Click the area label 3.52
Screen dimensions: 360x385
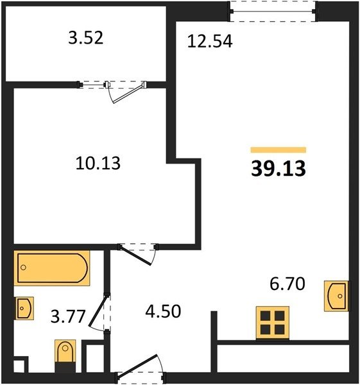(86, 38)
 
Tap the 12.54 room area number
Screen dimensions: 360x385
(210, 41)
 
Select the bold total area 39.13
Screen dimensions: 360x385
(279, 168)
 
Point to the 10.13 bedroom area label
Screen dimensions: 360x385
(98, 163)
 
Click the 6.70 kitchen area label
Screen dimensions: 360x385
(287, 284)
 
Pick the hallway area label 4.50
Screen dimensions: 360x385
(163, 311)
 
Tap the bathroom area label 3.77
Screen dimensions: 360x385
(68, 316)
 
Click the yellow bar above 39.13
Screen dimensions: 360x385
(279, 150)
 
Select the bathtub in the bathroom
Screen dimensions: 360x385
(52, 268)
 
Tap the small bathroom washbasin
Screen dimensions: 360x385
(24, 308)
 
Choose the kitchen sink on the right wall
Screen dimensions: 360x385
(336, 296)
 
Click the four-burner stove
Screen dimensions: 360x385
(272, 323)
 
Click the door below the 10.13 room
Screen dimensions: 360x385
(135, 255)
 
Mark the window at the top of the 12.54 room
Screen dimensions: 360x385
(273, 12)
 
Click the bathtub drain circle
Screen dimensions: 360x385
(23, 268)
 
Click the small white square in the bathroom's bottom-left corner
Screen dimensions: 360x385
(19, 367)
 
